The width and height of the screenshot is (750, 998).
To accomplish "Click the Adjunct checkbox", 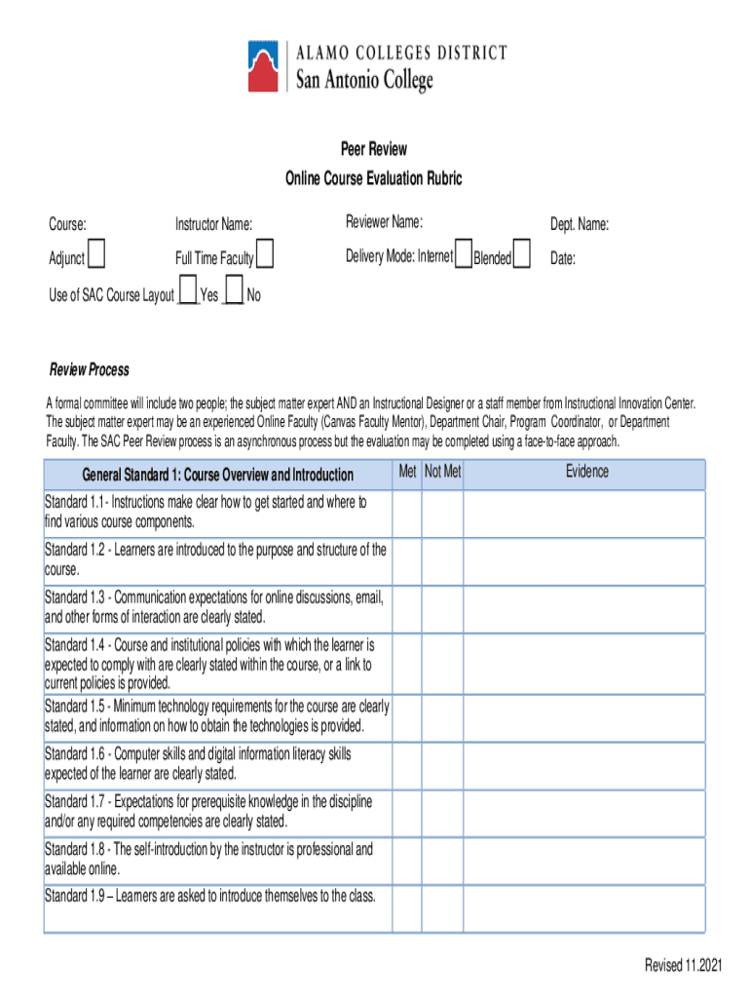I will pos(97,256).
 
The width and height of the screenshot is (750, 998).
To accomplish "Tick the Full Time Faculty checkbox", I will pos(265,256).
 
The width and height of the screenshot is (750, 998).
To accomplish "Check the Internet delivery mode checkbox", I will pos(464,253).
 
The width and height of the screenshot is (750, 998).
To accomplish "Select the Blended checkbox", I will pos(522,254).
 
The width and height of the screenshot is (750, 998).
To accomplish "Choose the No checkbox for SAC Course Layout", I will pos(234,290).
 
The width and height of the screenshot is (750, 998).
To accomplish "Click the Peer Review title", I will pos(374,149).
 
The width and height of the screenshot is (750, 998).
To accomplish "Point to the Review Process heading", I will pos(90,370).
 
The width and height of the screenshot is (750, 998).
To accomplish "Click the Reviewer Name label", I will pos(384,223).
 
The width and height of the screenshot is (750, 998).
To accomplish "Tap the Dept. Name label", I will pos(580,225).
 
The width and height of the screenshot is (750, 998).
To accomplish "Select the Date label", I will pos(563,259).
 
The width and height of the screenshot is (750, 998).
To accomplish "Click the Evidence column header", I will pos(586,473).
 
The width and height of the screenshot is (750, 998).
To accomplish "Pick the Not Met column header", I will pos(443,473).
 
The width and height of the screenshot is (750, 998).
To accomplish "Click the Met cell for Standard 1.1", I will pos(407,514).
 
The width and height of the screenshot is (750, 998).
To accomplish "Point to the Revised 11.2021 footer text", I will pos(683,965).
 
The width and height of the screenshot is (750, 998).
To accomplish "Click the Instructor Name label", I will pos(213,225).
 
